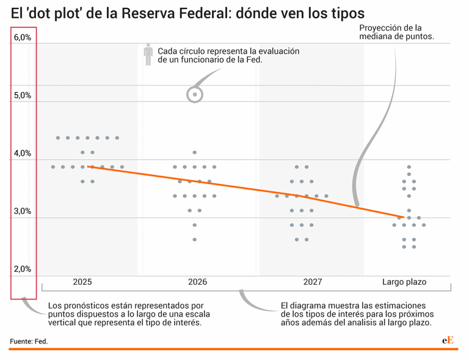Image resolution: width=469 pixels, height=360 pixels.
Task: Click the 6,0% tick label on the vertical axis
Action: [23, 38]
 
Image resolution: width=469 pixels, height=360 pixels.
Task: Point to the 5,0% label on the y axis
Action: [23, 96]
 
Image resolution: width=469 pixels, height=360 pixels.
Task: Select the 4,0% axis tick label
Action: [23, 154]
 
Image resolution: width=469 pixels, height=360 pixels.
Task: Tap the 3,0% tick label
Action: [23, 211]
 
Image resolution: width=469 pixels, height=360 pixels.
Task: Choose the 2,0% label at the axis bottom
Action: [23, 270]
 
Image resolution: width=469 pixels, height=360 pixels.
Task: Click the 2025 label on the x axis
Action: [82, 282]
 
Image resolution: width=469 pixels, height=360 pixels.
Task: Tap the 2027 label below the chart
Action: [312, 282]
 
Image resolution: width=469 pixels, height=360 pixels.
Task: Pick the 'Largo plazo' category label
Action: [404, 282]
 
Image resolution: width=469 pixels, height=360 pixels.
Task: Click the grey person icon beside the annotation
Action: [148, 55]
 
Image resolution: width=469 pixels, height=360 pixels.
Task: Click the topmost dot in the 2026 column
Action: [195, 152]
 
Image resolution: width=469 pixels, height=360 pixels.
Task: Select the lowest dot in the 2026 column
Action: [195, 240]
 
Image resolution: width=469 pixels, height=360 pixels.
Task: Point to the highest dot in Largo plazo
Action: [409, 167]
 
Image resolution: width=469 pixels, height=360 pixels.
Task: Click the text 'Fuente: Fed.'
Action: [28, 341]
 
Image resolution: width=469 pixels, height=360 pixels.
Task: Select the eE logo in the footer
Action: [448, 340]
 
